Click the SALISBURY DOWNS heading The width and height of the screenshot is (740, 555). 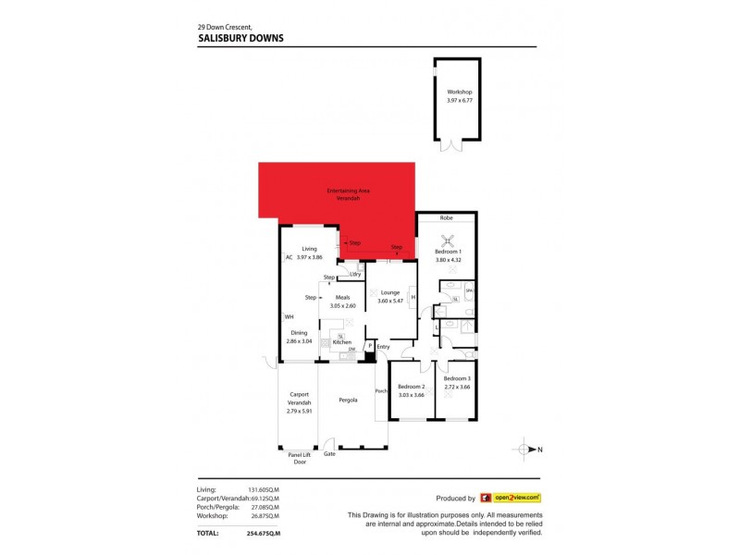pos(240,38)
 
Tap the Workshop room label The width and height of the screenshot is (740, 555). pos(460,92)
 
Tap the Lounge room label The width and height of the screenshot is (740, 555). pos(388,292)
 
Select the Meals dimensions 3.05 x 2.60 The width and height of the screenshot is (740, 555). pos(342,305)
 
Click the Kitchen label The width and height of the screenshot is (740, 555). pos(341,342)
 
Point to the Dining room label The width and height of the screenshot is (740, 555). pos(299,333)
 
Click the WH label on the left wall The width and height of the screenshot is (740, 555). pos(289,317)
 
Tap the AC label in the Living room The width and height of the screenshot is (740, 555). pos(289,257)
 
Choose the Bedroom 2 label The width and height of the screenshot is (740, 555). pos(411,387)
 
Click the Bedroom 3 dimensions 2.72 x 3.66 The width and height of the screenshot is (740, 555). pos(457,387)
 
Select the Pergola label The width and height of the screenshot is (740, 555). pos(347,401)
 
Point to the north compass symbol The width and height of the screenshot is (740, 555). pos(526,450)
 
